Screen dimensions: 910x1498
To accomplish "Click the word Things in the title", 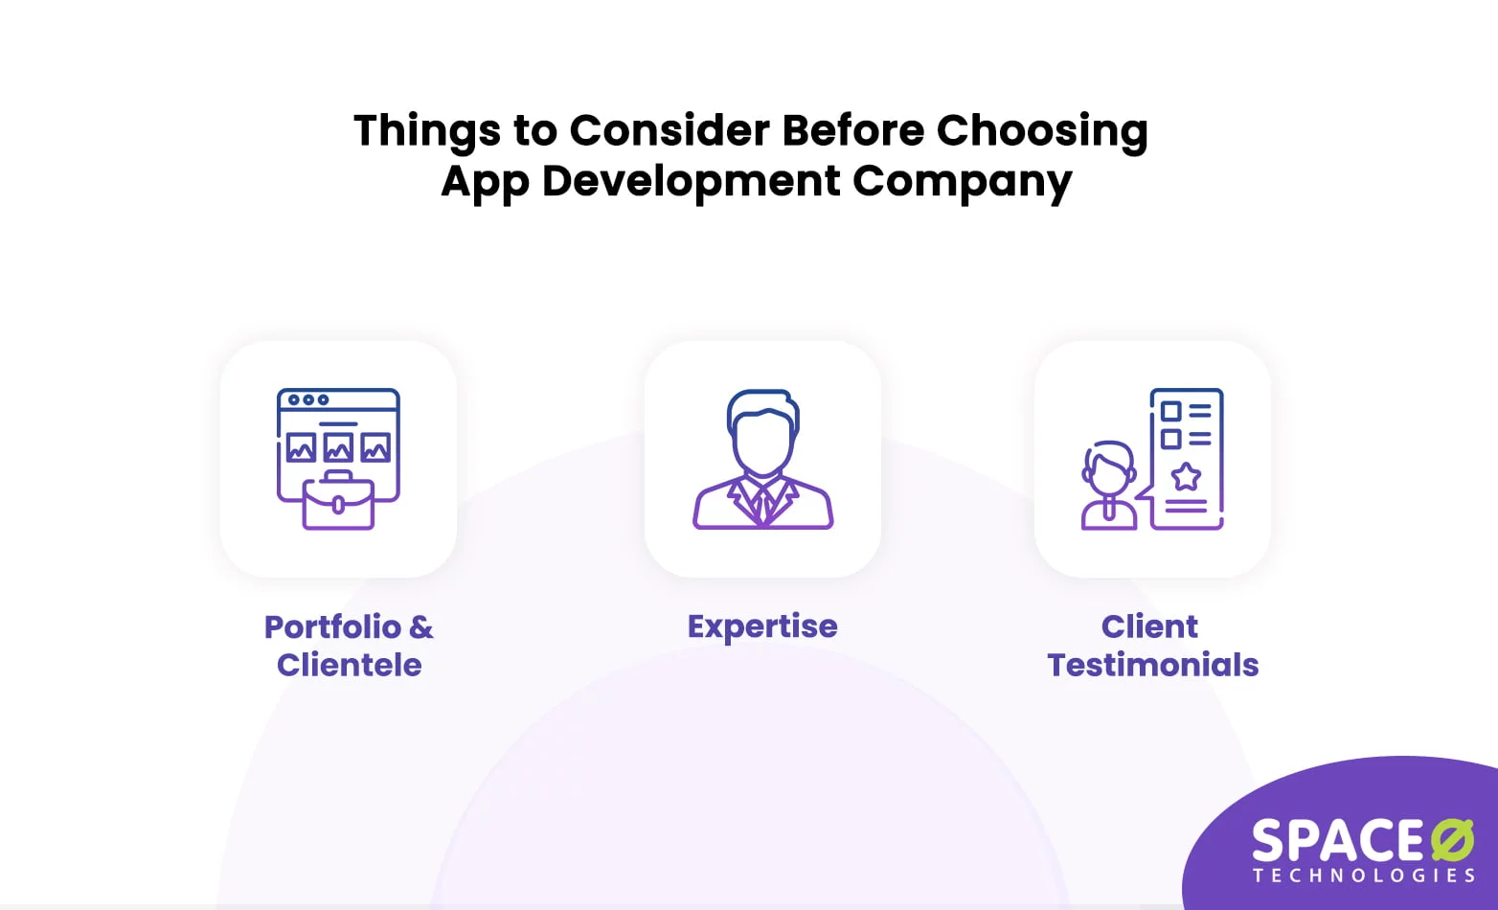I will pos(427,130).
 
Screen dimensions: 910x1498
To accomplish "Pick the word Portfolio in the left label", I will pos(332,626).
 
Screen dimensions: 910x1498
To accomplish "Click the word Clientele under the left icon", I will pos(349,665).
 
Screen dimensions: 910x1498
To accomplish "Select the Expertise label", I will pos(762,626).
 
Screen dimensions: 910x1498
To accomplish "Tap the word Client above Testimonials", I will pos(1149,626).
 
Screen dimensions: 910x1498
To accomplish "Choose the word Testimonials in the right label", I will pos(1152,665).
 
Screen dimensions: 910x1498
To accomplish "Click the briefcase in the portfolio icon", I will pos(338,502).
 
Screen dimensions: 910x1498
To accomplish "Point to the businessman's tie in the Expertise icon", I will pos(762,502).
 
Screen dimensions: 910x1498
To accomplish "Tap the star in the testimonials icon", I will pos(1186,476).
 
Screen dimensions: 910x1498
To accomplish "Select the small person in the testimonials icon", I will pos(1108,485).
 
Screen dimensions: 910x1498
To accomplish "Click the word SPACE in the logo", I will pos(1338,841).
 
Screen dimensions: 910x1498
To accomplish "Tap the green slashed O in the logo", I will pos(1452,840).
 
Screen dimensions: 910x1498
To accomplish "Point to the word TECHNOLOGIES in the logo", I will pos(1364,876).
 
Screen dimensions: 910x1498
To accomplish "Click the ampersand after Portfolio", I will pos(420,626).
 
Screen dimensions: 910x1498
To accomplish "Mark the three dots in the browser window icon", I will pos(308,399).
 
